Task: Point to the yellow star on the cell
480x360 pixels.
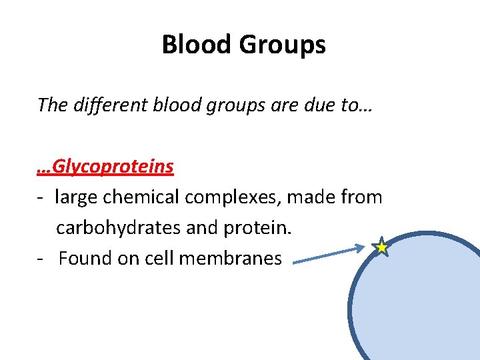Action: pyautogui.click(x=381, y=247)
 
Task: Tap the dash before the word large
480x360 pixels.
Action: pyautogui.click(x=41, y=198)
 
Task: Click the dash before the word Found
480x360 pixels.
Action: pyautogui.click(x=41, y=259)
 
